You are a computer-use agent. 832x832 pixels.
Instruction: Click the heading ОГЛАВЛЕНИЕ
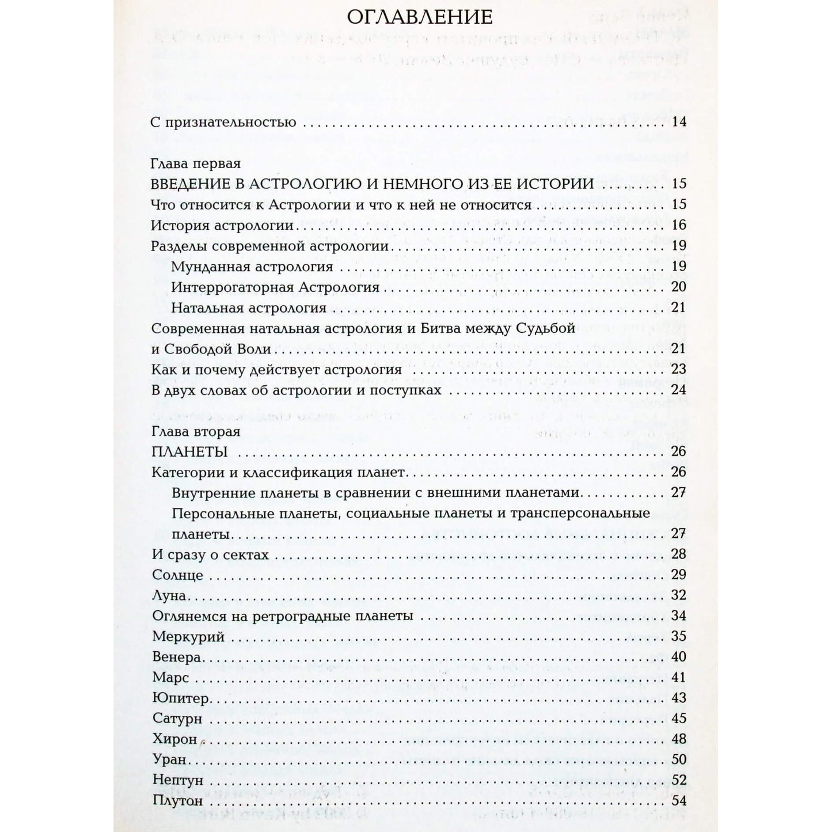coord(420,17)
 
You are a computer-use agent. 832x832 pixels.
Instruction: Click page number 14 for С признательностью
coord(679,122)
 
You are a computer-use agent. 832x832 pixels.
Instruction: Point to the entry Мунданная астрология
coord(252,267)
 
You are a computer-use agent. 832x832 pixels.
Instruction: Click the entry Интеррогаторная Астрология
coord(275,287)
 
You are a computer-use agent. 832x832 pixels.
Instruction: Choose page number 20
coord(679,287)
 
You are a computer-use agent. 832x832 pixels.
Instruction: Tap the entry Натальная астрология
coord(249,308)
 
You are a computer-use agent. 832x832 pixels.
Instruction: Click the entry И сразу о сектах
coord(211,554)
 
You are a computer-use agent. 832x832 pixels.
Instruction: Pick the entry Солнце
coord(177,575)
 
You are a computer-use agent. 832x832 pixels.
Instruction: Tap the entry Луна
coord(169,595)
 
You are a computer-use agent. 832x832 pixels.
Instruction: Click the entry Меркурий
coord(188,636)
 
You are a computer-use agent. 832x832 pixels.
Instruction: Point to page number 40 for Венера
coord(679,657)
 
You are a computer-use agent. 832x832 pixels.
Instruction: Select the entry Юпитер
coord(180,698)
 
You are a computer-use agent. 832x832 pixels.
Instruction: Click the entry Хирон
coord(175,739)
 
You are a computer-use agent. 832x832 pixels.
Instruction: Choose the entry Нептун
coord(178,780)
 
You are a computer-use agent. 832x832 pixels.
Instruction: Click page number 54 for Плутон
coord(679,801)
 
